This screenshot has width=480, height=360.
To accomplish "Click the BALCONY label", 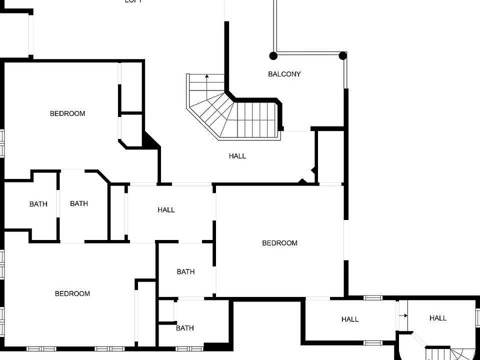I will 284,74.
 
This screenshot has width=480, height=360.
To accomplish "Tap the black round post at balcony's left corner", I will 273,55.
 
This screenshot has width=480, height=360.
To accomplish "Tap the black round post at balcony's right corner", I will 343,55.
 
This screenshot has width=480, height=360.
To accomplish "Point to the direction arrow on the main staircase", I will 207,76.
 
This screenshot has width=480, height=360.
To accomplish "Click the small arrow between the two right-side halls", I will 403,315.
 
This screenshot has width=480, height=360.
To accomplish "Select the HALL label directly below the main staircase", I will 237,156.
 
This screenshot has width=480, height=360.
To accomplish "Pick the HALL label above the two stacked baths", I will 166,210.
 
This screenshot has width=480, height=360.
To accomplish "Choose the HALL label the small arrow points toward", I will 438,318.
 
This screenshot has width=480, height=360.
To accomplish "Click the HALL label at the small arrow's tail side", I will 350,319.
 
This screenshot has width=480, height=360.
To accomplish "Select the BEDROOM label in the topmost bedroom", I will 67,113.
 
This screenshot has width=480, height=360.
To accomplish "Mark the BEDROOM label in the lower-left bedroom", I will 72,293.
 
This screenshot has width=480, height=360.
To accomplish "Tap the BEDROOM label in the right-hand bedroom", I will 280,243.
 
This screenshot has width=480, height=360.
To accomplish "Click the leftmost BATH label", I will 38,204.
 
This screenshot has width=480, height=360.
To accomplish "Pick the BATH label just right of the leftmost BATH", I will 79,203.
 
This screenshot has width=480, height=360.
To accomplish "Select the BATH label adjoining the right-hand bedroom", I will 185,272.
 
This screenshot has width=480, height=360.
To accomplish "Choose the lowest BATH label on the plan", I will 185,328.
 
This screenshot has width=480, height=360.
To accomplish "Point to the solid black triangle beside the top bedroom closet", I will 150,140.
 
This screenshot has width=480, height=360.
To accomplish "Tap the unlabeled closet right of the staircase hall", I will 330,156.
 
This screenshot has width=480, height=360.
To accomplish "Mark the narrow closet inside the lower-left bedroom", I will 145,312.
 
